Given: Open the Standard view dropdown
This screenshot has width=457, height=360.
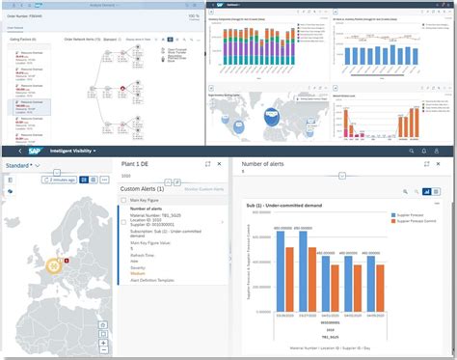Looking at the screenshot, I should click(x=20, y=165).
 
